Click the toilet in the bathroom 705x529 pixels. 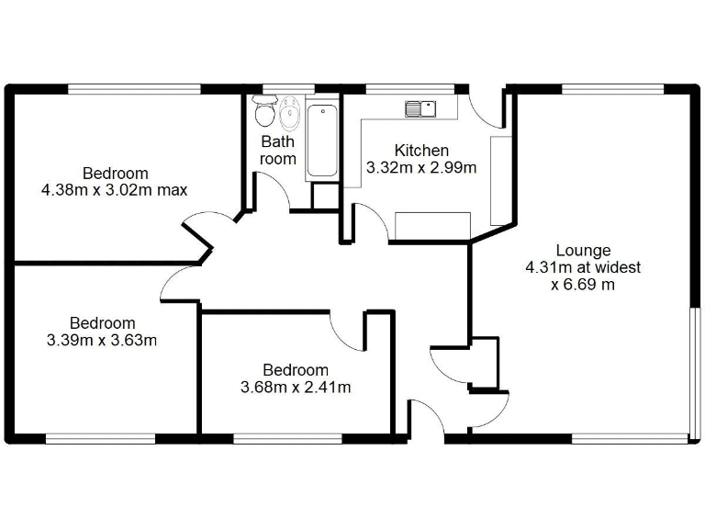point(265,112)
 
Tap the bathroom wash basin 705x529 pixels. point(289,114)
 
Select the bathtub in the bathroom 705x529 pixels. point(322,141)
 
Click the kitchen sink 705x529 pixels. point(422,108)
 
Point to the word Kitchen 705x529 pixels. point(421,151)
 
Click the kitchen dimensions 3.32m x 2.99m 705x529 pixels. point(421,168)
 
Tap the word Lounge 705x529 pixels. point(583,250)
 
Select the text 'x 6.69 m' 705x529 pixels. point(583,285)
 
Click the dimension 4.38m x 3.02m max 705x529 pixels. point(115,191)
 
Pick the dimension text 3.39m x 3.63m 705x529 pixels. point(102,341)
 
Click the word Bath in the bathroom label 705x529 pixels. point(278,142)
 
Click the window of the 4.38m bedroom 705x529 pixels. point(134,88)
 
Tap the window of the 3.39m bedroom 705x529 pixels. point(101,437)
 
